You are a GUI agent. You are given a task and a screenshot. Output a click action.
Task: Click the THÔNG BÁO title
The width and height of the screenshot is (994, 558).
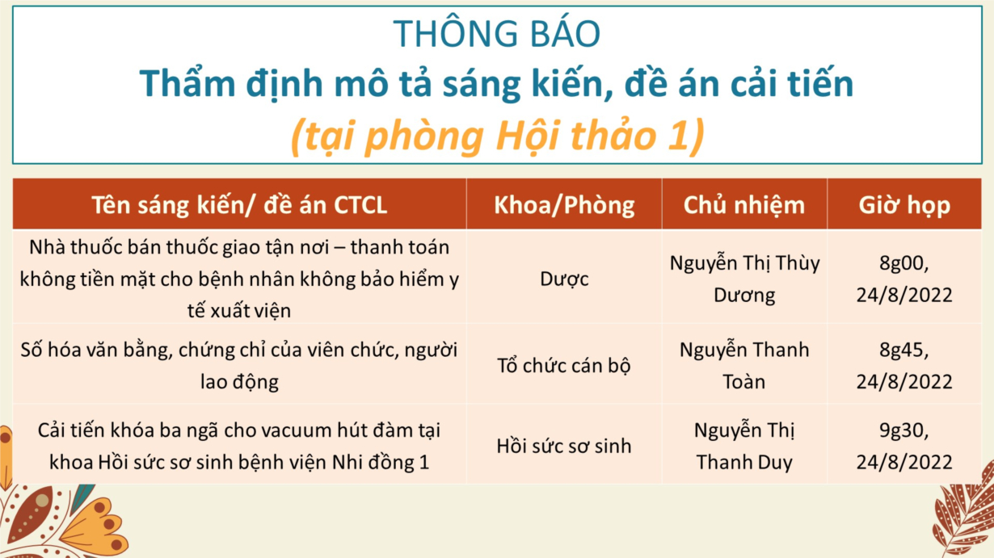[496, 33]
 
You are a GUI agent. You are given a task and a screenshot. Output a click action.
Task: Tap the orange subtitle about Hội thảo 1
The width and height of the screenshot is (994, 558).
[497, 136]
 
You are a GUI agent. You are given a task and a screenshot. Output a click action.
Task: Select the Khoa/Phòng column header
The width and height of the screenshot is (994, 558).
[564, 205]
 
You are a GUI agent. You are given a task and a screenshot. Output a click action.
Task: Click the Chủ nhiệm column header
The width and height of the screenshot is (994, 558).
[744, 206]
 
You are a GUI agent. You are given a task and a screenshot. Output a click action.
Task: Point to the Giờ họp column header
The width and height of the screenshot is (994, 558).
[904, 206]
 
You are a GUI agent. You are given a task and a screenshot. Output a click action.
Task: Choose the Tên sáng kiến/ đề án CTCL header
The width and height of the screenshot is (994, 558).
[239, 205]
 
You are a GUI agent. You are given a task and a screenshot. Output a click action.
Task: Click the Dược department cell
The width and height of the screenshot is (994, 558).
[564, 279]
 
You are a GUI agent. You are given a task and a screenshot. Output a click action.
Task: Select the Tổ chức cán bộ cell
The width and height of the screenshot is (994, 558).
[563, 366]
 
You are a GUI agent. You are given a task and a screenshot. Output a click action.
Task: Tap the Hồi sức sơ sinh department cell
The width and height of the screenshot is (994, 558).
[563, 446]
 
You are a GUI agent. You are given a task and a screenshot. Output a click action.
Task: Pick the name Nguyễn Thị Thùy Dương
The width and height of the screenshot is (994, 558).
[744, 279]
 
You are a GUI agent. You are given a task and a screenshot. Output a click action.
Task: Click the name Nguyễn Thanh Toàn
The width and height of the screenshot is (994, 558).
[744, 366]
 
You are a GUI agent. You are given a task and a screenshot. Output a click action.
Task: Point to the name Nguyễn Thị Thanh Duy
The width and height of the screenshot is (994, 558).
[744, 446]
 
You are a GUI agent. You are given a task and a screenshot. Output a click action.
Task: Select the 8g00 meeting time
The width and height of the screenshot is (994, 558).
[904, 279]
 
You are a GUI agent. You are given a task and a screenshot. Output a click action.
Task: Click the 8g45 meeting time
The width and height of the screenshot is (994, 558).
[904, 366]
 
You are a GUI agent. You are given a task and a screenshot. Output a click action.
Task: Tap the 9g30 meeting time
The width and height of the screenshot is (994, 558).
[904, 446]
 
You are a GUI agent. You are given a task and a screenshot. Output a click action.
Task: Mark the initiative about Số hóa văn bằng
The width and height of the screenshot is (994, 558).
[239, 366]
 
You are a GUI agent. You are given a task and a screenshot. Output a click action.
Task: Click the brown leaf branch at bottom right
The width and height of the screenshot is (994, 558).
[963, 514]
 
